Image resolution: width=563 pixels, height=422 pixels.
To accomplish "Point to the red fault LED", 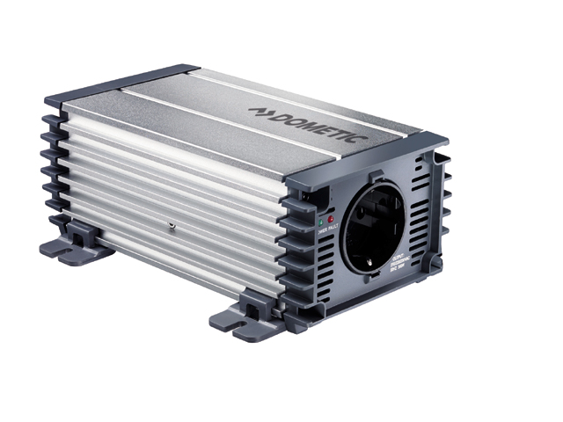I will click(x=332, y=217).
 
